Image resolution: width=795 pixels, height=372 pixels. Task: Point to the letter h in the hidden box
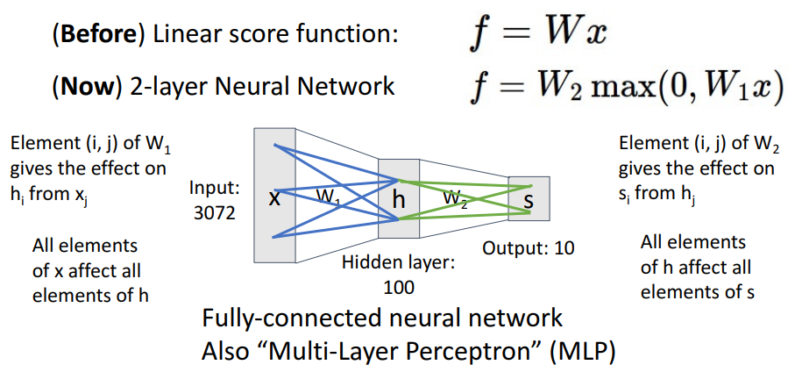(x=399, y=198)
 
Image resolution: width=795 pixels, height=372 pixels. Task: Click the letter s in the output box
(x=529, y=201)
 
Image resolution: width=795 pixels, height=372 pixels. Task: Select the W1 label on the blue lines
(x=328, y=199)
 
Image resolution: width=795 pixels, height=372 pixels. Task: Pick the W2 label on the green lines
(x=455, y=197)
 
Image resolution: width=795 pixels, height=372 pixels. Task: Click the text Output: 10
(x=529, y=248)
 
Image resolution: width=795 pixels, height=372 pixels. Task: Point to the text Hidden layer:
(x=399, y=262)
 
